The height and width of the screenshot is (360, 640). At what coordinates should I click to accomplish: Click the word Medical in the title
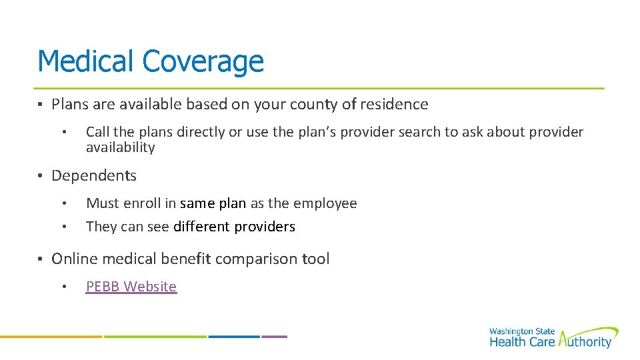tap(86, 61)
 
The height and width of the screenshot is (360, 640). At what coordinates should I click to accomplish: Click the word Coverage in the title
tap(203, 63)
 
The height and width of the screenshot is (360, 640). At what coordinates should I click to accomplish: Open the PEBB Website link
tap(131, 287)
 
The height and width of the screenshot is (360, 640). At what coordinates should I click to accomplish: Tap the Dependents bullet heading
tap(94, 176)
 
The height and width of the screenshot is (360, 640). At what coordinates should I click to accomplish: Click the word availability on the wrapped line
tap(120, 147)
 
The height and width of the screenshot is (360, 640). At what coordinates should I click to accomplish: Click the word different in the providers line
tap(201, 227)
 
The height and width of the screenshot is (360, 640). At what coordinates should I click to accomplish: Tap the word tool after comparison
tap(316, 259)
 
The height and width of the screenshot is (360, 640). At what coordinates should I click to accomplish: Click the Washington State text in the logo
tap(521, 331)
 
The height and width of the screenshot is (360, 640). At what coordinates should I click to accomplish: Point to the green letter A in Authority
tap(565, 341)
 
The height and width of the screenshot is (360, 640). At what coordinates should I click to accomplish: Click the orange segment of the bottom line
tap(51, 337)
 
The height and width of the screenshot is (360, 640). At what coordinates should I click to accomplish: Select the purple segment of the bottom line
tap(274, 337)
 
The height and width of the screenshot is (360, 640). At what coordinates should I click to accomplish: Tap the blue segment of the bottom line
tap(234, 337)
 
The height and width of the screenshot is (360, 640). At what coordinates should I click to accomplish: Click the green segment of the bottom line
tap(155, 337)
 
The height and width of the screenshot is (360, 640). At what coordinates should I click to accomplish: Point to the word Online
tap(73, 259)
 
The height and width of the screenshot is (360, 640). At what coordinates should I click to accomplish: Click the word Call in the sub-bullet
tap(98, 133)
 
